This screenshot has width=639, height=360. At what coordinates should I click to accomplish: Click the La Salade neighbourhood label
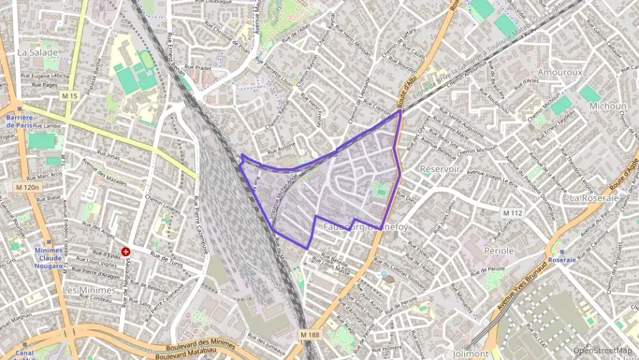pos(38,52)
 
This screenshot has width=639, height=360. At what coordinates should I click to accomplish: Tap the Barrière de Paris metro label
pos(19,121)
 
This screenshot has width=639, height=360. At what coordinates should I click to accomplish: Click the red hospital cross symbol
pos(126,252)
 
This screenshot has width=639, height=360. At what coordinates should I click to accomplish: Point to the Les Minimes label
pos(89,290)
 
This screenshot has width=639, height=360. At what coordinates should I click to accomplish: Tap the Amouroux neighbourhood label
pos(541,72)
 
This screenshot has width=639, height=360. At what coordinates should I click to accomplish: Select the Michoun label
pos(607,107)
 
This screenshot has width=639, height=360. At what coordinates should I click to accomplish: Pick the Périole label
pos(498,251)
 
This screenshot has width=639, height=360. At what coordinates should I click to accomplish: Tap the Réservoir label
pos(440,169)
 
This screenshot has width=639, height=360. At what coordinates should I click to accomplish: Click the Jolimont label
pos(471,354)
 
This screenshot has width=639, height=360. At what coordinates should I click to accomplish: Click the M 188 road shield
pos(309,334)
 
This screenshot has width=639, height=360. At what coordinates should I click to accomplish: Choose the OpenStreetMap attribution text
pos(602,350)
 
